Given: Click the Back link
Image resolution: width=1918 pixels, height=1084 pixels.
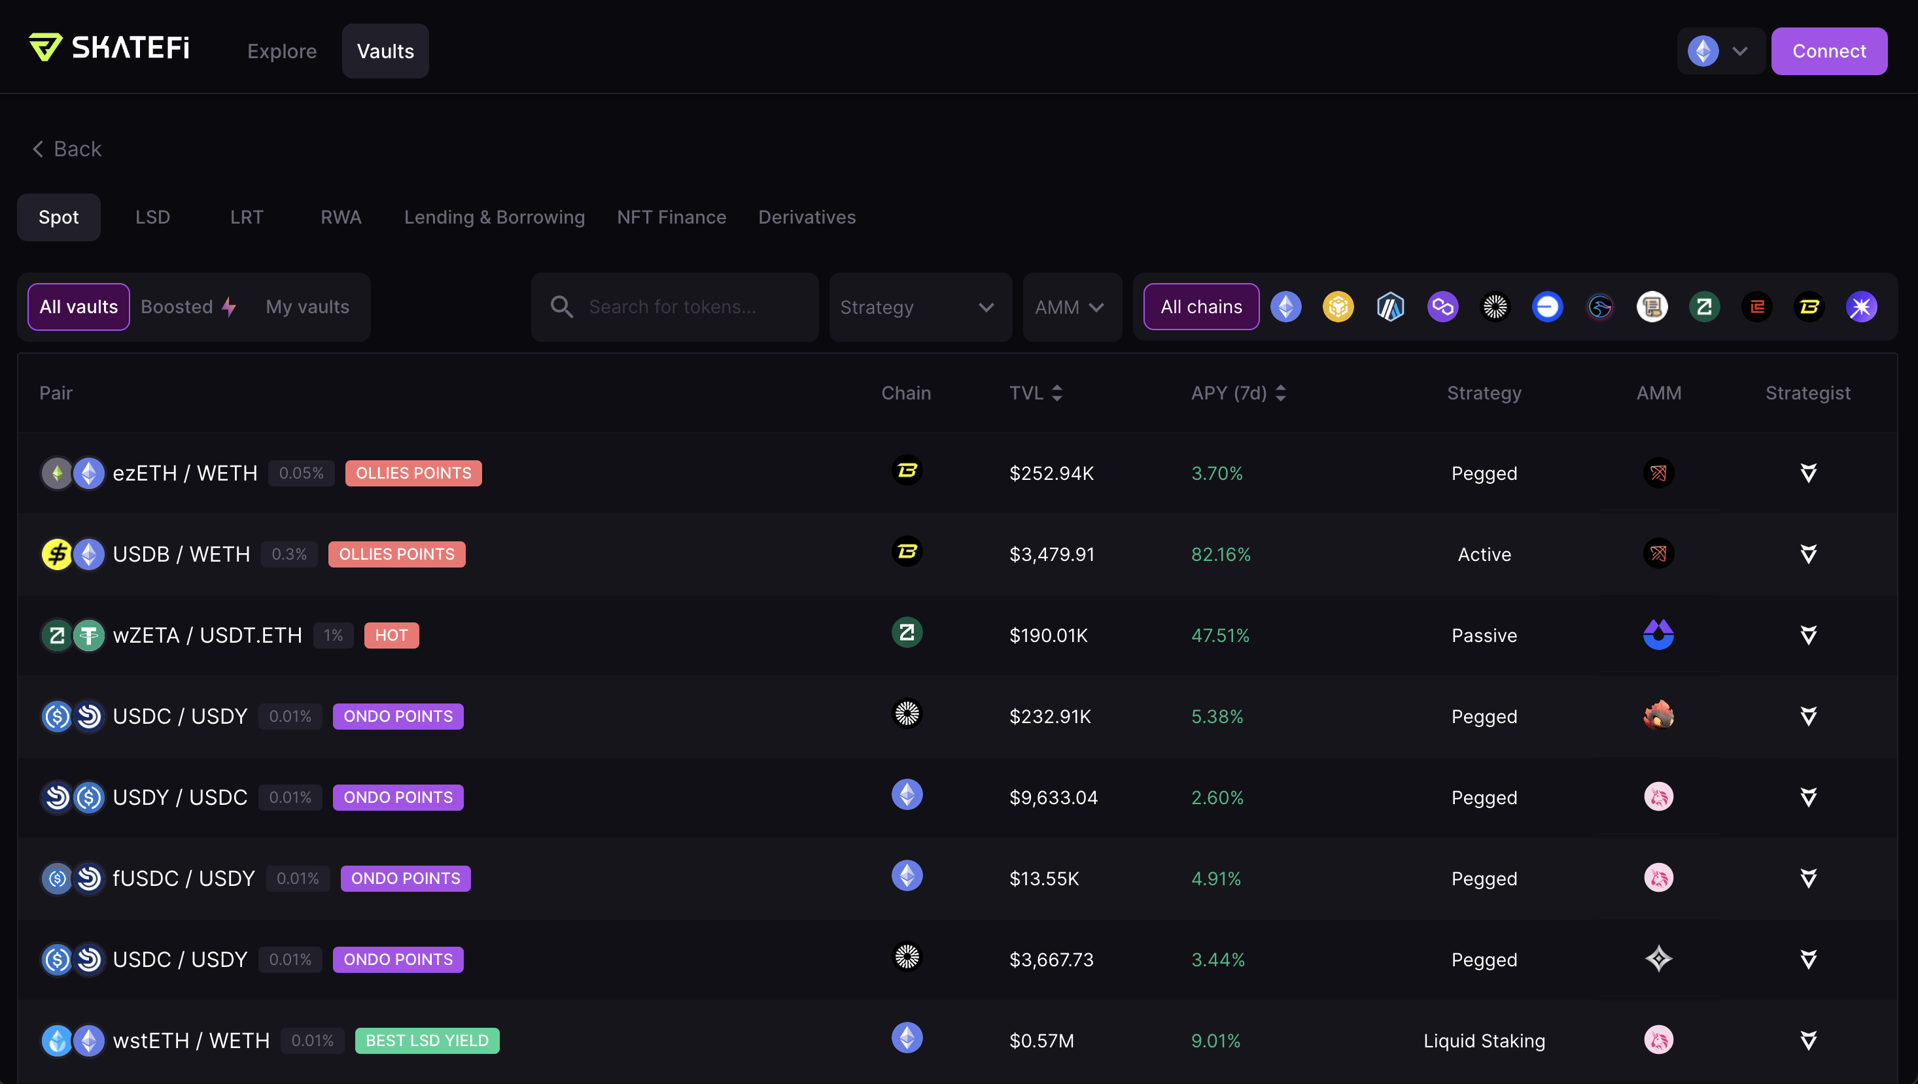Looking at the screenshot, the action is [67, 149].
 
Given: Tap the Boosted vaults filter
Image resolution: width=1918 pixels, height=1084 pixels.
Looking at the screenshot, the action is [188, 307].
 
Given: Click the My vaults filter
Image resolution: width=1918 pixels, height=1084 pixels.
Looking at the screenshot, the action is [307, 307].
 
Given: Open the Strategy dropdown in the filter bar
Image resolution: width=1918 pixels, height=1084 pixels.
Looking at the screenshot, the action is [920, 307].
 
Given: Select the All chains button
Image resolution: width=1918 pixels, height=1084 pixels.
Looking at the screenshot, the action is [1202, 307].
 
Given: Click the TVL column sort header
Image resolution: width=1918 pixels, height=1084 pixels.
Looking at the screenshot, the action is [1036, 392].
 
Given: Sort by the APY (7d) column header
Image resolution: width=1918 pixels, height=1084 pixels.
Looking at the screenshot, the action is [1238, 392].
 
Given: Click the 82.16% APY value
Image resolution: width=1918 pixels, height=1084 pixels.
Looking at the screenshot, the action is [1221, 554].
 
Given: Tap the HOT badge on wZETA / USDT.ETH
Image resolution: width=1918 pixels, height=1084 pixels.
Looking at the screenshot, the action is [391, 635].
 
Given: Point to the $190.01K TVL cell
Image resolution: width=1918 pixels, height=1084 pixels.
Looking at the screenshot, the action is [1048, 635].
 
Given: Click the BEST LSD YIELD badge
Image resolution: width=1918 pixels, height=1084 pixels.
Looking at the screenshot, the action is [427, 1040].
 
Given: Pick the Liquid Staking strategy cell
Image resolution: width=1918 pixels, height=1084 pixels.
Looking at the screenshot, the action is [1484, 1040].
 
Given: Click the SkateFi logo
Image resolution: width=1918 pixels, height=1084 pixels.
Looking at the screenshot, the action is [109, 48].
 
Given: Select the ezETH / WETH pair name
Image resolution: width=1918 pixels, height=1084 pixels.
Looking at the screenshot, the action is [184, 473].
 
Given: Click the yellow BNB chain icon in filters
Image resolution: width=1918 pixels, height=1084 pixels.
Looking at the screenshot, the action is [1338, 307].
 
